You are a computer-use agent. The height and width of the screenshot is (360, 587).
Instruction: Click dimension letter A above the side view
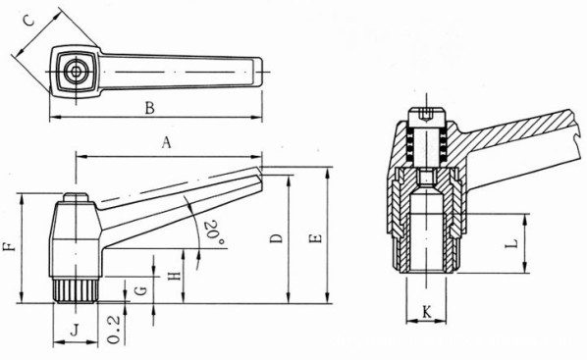(167, 142)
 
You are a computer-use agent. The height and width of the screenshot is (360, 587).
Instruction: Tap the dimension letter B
(150, 108)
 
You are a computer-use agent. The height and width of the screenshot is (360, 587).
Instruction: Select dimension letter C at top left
(28, 20)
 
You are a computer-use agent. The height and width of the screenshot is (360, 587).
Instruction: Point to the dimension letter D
(276, 238)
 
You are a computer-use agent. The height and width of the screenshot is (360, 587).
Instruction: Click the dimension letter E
(316, 238)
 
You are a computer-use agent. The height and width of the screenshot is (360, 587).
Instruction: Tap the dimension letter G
(141, 290)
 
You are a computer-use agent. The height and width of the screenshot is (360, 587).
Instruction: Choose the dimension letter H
(175, 277)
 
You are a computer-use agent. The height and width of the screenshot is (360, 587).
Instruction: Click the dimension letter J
(76, 330)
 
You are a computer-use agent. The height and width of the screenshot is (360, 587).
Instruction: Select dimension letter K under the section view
(427, 311)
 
